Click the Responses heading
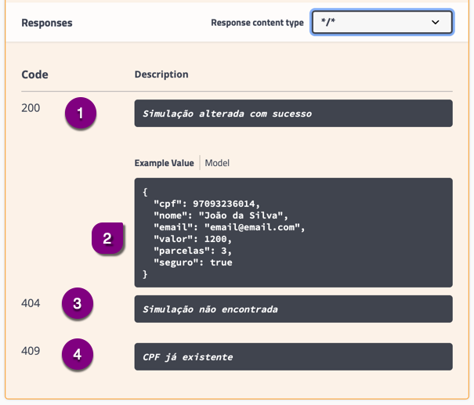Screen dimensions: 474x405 (x=47, y=23)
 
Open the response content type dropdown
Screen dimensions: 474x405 (x=382, y=22)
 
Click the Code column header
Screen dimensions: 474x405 (x=34, y=74)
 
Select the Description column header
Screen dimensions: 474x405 (x=161, y=74)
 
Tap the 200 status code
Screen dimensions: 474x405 (x=31, y=108)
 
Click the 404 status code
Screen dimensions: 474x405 (x=31, y=303)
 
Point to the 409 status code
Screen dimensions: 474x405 (x=31, y=351)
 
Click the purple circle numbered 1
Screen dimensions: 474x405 (x=81, y=113)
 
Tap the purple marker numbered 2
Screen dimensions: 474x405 (x=107, y=238)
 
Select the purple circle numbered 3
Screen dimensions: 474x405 (x=78, y=303)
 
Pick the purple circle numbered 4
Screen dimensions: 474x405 (x=78, y=354)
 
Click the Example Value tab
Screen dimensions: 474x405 (x=165, y=163)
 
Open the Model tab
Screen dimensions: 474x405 (x=217, y=163)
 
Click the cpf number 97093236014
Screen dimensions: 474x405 (x=224, y=204)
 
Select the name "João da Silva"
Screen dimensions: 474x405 (x=241, y=215)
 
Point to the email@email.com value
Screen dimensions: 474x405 (x=252, y=227)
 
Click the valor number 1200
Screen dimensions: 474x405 (x=215, y=239)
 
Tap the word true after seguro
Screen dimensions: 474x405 (x=221, y=262)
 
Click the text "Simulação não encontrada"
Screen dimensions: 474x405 (x=211, y=309)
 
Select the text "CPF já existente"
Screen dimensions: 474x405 (x=188, y=357)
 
